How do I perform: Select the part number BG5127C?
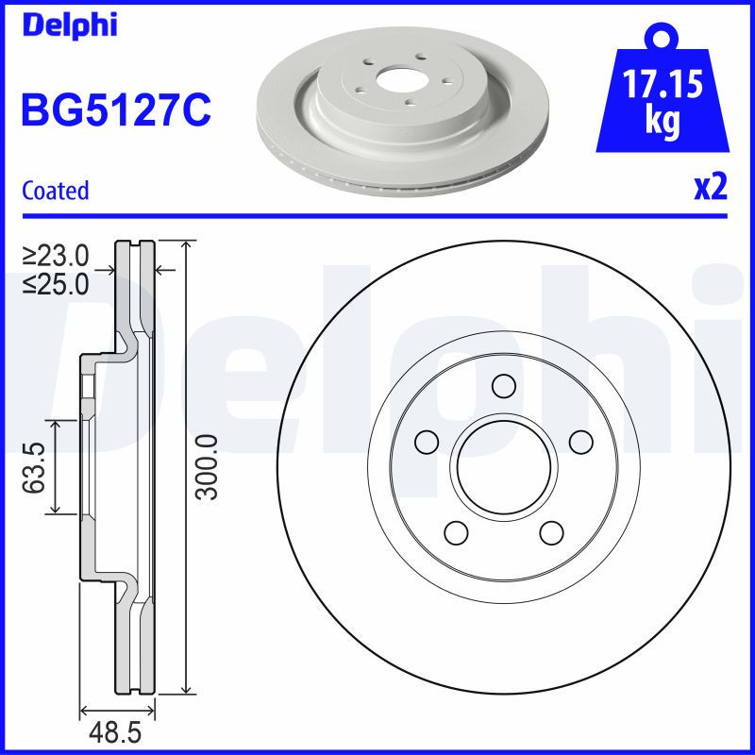(115, 111)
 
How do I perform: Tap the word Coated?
(56, 191)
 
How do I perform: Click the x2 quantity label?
(711, 189)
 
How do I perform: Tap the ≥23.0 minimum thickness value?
(56, 256)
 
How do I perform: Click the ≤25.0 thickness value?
(56, 282)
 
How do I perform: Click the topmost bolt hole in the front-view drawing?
(503, 386)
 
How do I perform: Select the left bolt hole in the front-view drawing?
(427, 442)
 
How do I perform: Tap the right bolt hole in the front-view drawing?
(580, 442)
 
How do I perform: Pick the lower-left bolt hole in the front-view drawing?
(456, 532)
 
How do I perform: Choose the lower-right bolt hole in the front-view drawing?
(551, 532)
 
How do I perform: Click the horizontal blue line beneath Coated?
(377, 215)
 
